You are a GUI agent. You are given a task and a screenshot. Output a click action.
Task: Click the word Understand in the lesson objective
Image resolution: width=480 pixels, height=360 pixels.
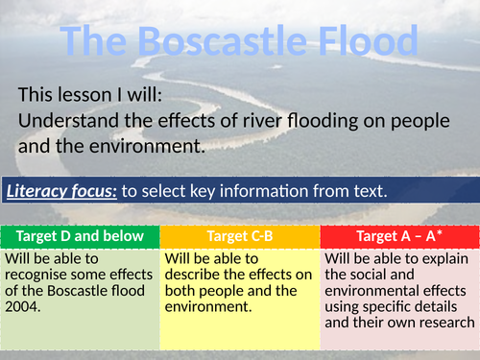coord(66,123)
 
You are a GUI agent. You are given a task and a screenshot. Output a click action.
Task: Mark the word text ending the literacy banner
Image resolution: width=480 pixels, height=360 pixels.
coord(368,191)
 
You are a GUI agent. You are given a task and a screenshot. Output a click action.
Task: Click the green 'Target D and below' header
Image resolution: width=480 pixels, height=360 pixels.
coord(81,236)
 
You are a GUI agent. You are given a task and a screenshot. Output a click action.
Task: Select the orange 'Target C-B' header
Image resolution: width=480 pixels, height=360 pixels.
coord(240,236)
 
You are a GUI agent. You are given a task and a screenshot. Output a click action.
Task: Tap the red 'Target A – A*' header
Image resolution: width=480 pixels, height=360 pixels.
coord(398,236)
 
